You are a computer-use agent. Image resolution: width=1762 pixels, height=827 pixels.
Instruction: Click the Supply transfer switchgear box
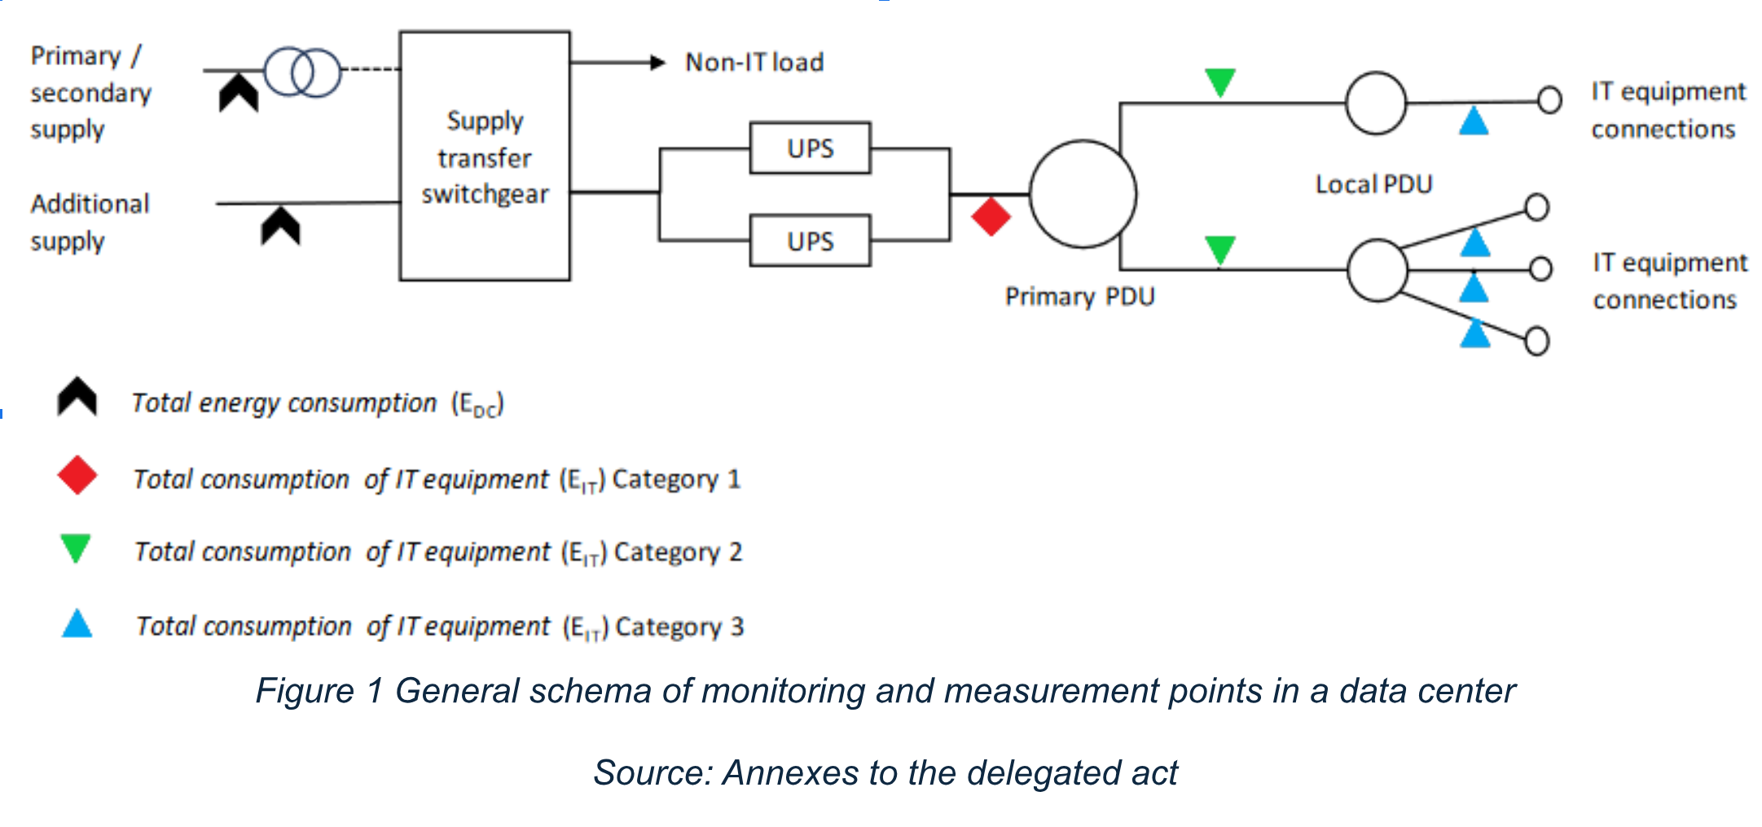click(x=484, y=156)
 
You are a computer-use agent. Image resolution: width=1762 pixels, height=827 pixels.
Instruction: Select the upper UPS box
click(x=810, y=148)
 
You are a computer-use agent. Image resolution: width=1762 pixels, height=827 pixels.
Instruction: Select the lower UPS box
click(x=810, y=240)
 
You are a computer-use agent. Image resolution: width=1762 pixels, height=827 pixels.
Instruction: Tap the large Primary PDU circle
click(x=1083, y=194)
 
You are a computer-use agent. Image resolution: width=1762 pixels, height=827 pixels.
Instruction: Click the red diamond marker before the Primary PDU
click(x=991, y=217)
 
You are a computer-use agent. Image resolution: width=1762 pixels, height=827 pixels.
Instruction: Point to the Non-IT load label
click(x=754, y=63)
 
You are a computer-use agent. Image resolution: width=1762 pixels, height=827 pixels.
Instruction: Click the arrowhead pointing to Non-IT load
click(x=657, y=62)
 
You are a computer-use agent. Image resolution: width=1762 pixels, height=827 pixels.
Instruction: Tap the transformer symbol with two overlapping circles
click(x=302, y=72)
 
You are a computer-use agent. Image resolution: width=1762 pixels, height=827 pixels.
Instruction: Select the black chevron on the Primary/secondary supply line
click(x=239, y=92)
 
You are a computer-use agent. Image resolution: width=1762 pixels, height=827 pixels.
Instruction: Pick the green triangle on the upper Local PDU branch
click(x=1219, y=81)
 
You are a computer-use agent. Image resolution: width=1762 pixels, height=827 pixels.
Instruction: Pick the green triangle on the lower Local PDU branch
click(x=1219, y=249)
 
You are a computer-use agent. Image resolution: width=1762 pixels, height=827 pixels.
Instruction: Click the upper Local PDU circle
click(x=1376, y=103)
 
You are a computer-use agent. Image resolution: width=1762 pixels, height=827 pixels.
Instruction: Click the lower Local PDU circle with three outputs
click(x=1377, y=270)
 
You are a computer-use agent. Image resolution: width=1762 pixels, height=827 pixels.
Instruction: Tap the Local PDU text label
click(x=1373, y=184)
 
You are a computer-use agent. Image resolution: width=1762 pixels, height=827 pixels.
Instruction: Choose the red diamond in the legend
click(x=77, y=475)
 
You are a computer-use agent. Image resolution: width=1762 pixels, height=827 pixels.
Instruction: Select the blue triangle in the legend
click(x=77, y=624)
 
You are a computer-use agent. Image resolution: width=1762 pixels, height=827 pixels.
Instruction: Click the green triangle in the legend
click(x=76, y=548)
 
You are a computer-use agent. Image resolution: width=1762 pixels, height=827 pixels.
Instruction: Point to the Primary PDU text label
click(x=1079, y=297)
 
